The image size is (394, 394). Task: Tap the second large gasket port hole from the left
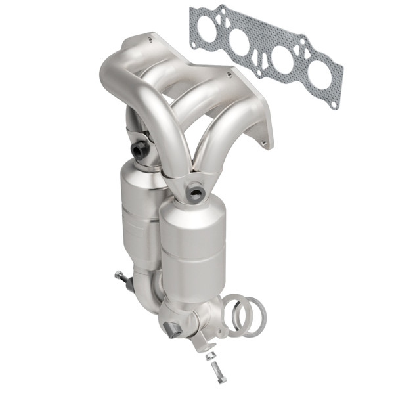point(240,42)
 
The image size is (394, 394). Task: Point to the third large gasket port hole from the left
point(282,59)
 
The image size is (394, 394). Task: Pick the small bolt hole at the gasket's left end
point(194,44)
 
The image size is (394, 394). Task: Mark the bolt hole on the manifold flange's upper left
point(150,39)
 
